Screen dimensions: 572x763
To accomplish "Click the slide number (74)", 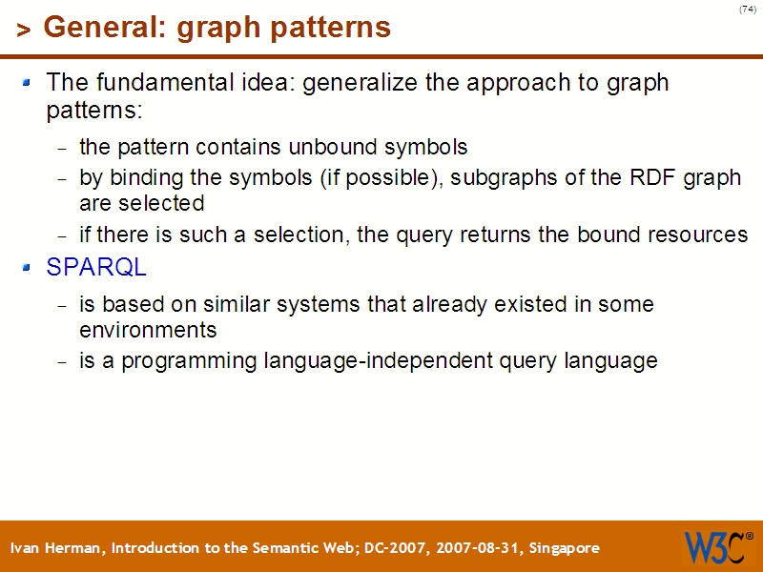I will click(747, 10).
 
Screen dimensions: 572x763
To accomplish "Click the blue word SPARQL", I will click(96, 268).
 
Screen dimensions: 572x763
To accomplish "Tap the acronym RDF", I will click(644, 178).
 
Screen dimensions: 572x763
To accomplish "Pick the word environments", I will click(148, 331).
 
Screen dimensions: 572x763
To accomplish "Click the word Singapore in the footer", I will click(564, 548).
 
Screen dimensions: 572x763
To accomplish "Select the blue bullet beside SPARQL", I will click(28, 268).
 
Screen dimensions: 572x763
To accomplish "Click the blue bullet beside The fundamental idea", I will click(28, 83).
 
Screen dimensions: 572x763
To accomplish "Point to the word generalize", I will click(361, 83).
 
